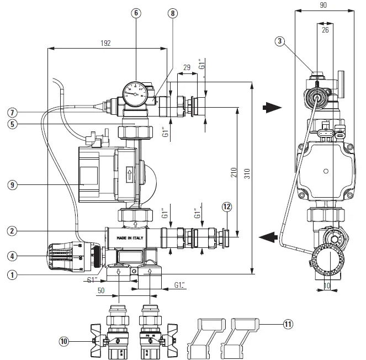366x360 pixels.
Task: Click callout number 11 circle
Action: tap(287, 325)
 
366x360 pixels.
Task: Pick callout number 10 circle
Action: tap(65, 341)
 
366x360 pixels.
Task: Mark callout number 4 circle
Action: tap(13, 256)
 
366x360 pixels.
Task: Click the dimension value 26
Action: tap(325, 30)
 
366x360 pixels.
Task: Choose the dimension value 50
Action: tap(101, 290)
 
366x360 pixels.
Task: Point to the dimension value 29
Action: tap(186, 67)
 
